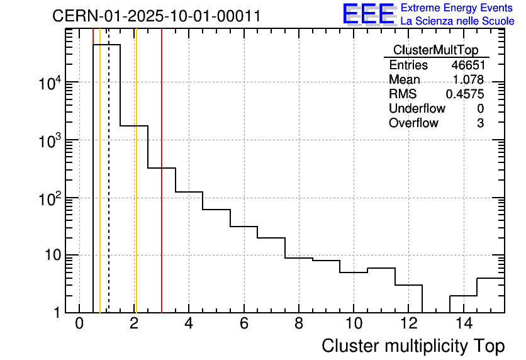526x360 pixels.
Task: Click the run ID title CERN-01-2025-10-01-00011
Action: pos(157,16)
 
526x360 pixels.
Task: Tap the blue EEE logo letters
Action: pos(369,14)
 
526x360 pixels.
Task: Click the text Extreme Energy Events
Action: pos(457,8)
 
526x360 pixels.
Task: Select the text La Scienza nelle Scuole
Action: pos(457,21)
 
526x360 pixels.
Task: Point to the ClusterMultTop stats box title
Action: pos(435,50)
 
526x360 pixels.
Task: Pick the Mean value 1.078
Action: pos(468,80)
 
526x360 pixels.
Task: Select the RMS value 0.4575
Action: pos(465,94)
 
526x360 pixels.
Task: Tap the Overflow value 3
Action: pos(480,123)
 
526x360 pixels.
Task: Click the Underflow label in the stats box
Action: pos(417,109)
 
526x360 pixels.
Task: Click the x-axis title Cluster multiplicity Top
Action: pos(413,346)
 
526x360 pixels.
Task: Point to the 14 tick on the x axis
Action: pos(463,323)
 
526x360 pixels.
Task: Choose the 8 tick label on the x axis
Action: pos(299,323)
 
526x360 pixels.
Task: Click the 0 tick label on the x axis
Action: pos(79,323)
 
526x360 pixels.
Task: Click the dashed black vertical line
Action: pos(109,189)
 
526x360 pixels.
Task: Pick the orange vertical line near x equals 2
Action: pos(135,189)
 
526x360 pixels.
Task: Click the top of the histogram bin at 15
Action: pos(491,278)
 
